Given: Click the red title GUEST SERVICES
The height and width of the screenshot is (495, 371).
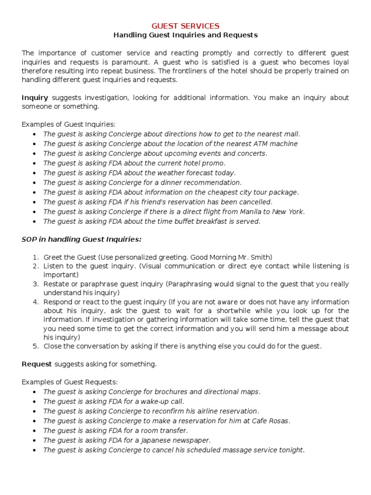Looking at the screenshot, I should (x=185, y=26).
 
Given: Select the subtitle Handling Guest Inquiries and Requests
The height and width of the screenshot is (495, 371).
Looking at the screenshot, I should (x=185, y=35).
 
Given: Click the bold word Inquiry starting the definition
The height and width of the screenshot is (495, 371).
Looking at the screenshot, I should (x=35, y=98).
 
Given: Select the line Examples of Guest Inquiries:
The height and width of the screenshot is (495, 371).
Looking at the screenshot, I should (x=69, y=124).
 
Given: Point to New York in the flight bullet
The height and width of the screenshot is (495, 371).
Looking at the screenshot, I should (x=288, y=212).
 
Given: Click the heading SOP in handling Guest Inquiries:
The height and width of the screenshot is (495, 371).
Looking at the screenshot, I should (x=82, y=239).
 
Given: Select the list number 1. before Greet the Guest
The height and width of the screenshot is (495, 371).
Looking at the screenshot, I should (x=35, y=257).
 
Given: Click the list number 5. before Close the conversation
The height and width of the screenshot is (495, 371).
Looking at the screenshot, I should (x=35, y=346).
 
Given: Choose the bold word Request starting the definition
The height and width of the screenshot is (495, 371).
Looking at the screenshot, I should (x=37, y=364).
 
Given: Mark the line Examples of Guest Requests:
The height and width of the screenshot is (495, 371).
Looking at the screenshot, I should (x=70, y=382).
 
